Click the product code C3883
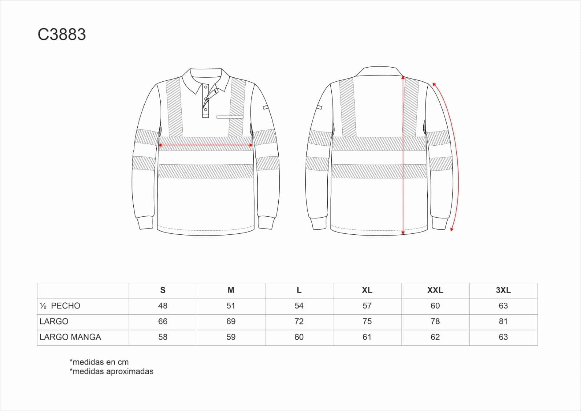click(62, 35)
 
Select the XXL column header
click(435, 290)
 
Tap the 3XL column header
click(503, 290)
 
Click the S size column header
click(163, 290)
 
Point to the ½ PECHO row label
click(60, 306)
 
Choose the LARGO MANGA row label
click(70, 337)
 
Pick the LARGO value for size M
click(231, 321)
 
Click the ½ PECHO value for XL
click(367, 306)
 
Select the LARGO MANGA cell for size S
click(163, 337)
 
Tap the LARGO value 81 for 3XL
click(503, 321)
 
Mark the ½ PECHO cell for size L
click(299, 306)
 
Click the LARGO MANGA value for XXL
click(435, 337)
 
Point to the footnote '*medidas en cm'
click(99, 362)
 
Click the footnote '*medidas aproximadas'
click(111, 371)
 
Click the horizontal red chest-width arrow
click(206, 145)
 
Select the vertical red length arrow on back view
click(403, 155)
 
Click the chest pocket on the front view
click(230, 117)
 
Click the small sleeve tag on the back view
click(319, 107)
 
